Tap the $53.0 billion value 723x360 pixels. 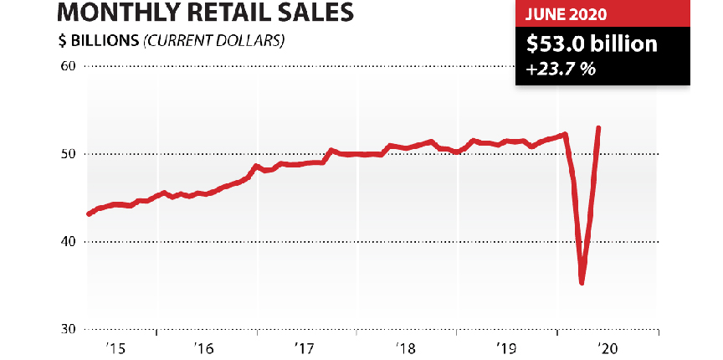point(591,44)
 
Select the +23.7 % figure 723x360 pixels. point(561,69)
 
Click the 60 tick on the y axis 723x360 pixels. point(67,66)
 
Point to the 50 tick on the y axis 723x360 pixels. point(67,154)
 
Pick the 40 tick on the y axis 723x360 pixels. point(67,242)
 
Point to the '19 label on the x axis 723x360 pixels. point(505,347)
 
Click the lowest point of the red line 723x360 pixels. point(582,282)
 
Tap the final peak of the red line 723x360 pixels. point(598,128)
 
